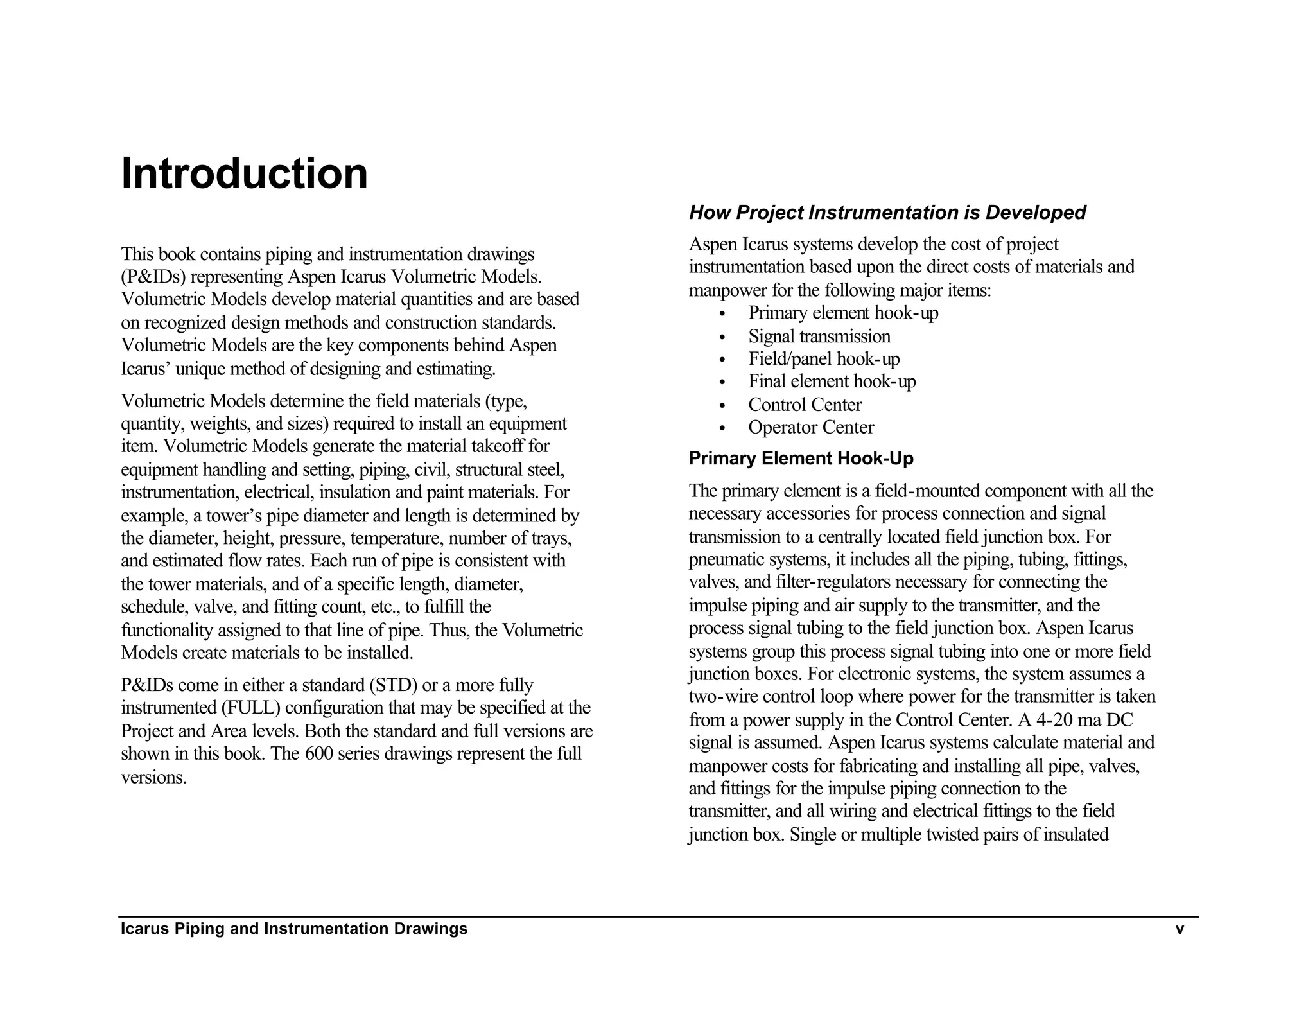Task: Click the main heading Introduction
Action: click(x=244, y=173)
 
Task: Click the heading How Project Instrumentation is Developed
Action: click(x=887, y=213)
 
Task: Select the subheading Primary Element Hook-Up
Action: click(x=801, y=459)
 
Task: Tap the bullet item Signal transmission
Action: click(x=819, y=337)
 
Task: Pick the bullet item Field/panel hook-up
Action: click(x=824, y=359)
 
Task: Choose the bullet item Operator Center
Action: click(x=810, y=428)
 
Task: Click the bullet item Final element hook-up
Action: click(x=832, y=382)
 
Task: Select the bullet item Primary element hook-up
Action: click(x=842, y=313)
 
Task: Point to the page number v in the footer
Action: click(x=1179, y=929)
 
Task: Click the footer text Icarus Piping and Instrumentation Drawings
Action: click(x=294, y=929)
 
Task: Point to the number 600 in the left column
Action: click(x=318, y=754)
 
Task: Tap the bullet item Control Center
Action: click(x=805, y=405)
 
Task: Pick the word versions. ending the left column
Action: click(x=153, y=778)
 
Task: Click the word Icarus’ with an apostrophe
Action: click(x=146, y=369)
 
